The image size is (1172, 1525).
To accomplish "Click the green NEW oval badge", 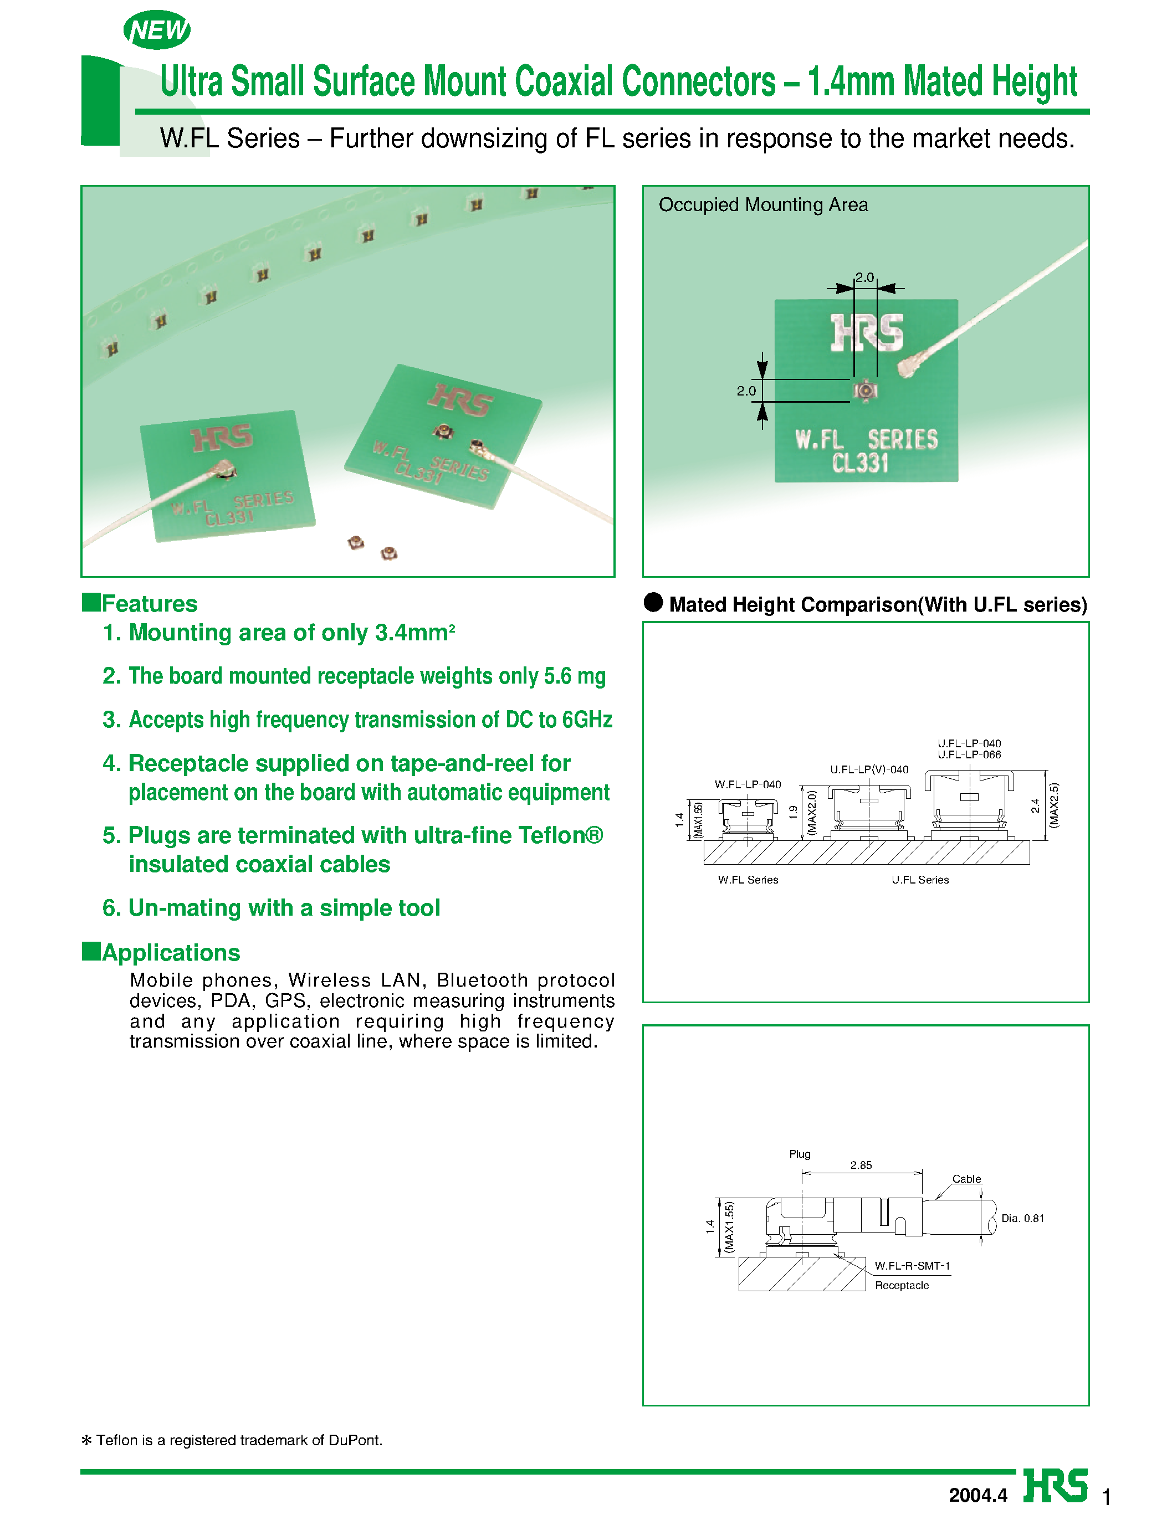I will (157, 30).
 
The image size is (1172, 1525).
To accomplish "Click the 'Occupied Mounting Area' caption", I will (762, 205).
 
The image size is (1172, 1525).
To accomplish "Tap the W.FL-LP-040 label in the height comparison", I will (747, 784).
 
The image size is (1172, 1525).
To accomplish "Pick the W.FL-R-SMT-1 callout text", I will (912, 1266).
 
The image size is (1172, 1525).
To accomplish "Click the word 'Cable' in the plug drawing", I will (966, 1179).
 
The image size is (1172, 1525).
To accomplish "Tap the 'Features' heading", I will (149, 604).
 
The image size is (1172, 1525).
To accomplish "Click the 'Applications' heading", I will (170, 953).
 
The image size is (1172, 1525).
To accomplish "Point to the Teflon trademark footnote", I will (232, 1440).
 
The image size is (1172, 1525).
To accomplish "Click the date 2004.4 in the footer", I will (977, 1495).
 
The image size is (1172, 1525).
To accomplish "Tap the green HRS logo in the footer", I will (1055, 1486).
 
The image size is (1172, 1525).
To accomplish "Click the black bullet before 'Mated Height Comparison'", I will (653, 603).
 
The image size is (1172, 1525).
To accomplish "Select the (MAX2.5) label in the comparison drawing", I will (1053, 806).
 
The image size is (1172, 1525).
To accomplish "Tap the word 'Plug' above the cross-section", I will (800, 1154).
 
